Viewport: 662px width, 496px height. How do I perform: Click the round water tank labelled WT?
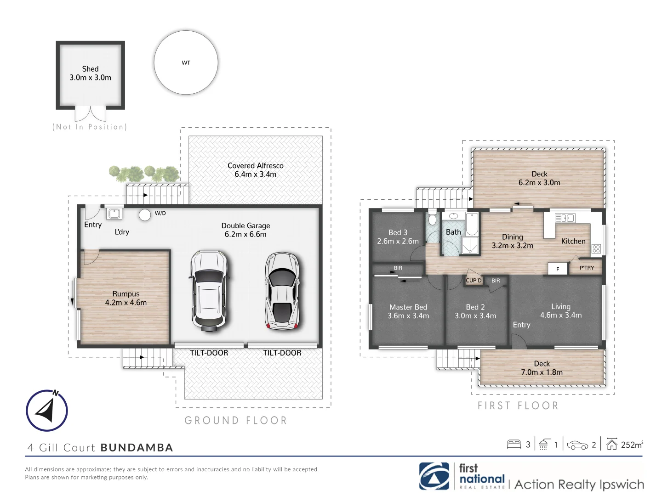pos(186,62)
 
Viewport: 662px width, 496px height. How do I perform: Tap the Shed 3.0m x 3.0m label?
pos(90,73)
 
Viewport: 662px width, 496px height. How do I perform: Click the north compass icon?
pos(47,411)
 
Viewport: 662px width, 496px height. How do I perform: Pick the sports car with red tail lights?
pos(282,291)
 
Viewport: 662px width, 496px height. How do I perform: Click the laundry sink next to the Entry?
pos(114,214)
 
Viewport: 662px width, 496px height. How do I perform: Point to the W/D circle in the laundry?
pos(145,215)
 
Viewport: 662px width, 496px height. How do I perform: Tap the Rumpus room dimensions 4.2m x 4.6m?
pos(126,303)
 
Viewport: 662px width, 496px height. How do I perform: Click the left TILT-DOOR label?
pos(209,353)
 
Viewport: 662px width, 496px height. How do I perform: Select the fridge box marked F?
pos(557,269)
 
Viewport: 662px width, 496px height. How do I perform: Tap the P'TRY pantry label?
pos(587,268)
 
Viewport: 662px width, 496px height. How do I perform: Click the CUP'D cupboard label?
pos(474,280)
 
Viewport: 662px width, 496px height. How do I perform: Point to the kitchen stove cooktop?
pos(596,249)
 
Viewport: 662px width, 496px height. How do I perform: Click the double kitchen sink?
pos(565,218)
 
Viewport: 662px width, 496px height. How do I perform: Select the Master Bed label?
pos(408,307)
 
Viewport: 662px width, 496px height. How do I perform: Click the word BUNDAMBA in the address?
pos(137,448)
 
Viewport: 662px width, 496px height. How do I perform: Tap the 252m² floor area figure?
pos(632,445)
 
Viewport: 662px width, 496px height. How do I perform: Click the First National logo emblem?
pos(434,476)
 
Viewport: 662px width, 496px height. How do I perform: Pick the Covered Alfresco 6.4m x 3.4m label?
pos(255,170)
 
